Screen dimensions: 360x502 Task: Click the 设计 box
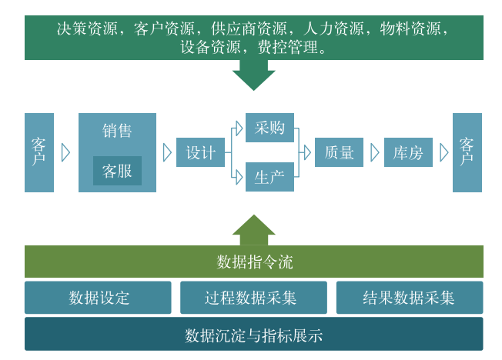(x=200, y=152)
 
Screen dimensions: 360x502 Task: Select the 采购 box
(x=269, y=128)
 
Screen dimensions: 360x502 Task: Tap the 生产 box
(x=269, y=177)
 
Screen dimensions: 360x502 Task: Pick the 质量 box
(x=339, y=152)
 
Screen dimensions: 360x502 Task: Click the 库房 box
(x=408, y=152)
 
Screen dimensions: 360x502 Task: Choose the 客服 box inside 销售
(x=117, y=171)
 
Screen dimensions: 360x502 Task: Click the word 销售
(x=117, y=130)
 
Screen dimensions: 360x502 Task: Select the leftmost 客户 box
(x=39, y=152)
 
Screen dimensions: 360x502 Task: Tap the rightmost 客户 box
(x=467, y=152)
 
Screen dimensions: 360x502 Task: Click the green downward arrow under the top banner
(x=253, y=75)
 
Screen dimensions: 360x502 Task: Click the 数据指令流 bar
(x=253, y=262)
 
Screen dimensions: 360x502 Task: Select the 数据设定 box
(x=98, y=298)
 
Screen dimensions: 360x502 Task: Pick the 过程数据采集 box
(x=253, y=298)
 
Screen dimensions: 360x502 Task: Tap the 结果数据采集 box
(x=409, y=298)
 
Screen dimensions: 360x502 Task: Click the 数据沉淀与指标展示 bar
(x=253, y=335)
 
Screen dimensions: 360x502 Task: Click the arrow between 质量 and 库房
(x=375, y=152)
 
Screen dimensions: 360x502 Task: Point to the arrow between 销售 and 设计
(x=167, y=152)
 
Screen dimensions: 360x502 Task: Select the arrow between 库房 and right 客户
(x=443, y=152)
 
